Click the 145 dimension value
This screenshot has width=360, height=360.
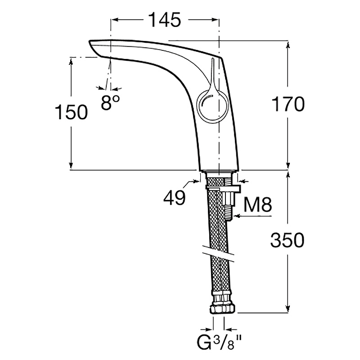[x=165, y=20]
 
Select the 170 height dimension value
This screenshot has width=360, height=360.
[x=288, y=104]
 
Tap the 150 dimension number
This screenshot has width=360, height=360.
[x=72, y=112]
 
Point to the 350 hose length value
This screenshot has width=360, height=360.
[x=287, y=240]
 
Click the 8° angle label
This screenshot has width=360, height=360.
[x=110, y=103]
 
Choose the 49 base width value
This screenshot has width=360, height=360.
[x=175, y=197]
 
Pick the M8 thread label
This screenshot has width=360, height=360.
[x=257, y=205]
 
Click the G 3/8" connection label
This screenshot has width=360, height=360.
[x=219, y=342]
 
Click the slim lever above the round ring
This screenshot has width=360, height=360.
[x=212, y=73]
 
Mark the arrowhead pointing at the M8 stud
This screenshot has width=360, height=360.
[x=237, y=216]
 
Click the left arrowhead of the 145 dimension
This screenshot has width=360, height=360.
[x=114, y=20]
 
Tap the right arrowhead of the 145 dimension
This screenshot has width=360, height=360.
[x=216, y=20]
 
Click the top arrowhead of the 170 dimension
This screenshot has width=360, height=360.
[x=288, y=45]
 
